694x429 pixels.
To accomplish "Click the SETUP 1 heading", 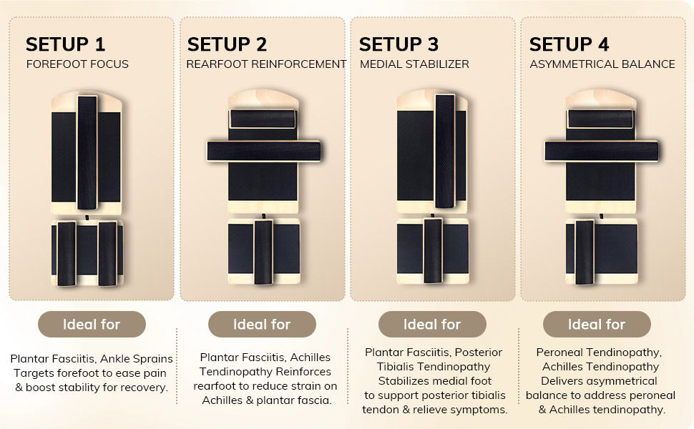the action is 65,44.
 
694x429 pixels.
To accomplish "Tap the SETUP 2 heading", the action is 227,44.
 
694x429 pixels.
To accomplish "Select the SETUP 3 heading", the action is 399,44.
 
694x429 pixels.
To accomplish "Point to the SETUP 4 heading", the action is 570,44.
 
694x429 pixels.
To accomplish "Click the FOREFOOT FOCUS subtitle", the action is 77,64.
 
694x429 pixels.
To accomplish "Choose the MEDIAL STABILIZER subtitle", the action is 414,64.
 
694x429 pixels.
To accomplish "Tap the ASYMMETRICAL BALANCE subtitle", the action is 602,64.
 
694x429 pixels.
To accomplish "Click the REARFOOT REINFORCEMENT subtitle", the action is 266,64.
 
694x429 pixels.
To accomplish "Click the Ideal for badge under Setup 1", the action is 92,324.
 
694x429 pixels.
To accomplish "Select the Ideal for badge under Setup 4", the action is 597,324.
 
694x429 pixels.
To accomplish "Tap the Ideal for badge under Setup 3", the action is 432,324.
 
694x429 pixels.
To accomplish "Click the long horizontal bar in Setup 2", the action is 264,152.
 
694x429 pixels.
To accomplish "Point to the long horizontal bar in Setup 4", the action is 602,152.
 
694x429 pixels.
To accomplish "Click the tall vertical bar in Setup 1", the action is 87,152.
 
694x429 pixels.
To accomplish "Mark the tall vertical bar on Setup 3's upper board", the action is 445,151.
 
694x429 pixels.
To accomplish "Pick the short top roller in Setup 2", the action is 263,119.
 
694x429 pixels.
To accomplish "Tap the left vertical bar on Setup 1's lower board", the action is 67,253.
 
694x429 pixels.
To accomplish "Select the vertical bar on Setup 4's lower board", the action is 585,252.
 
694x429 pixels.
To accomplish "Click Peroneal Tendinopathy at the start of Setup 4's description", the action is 599,352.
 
